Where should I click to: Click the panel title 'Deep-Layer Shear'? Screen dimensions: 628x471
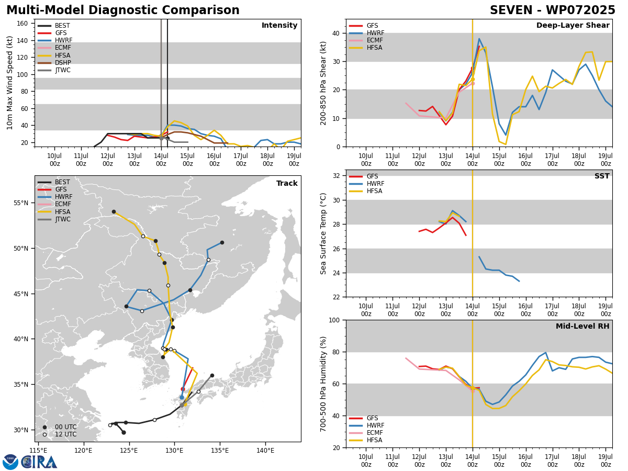(573, 25)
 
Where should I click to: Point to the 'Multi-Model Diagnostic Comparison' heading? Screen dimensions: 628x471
(123, 10)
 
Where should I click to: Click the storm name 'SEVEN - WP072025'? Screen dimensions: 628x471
(553, 10)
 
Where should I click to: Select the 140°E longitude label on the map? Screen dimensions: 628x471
(265, 451)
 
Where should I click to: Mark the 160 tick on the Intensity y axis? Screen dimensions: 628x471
(23, 24)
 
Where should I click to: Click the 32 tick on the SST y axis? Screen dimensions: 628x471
(337, 176)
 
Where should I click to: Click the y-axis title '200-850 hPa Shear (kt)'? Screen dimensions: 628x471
(323, 83)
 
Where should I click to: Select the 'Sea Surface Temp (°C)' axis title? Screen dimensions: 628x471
(323, 233)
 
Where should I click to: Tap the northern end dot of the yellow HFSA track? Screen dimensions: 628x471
(114, 211)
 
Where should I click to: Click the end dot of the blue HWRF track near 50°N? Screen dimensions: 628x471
(222, 242)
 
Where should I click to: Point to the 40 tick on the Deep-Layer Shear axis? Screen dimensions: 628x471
(337, 33)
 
